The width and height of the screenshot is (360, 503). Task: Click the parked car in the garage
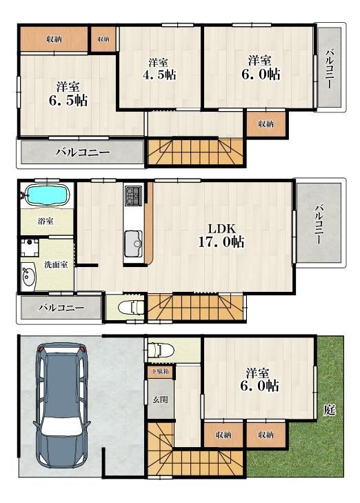(x=61, y=405)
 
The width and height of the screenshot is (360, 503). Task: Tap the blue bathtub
(x=47, y=195)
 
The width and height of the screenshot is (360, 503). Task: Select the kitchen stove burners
(x=133, y=195)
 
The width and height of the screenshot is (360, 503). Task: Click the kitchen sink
(x=133, y=243)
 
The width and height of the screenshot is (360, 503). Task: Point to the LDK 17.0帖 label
(x=221, y=236)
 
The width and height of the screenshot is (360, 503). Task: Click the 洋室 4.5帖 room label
(x=159, y=68)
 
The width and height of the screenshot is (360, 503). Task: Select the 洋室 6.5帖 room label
(x=68, y=94)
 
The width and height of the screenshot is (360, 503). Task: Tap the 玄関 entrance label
(x=160, y=400)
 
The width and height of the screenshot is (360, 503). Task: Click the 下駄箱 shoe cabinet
(x=161, y=371)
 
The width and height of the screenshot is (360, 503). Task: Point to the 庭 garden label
(x=329, y=410)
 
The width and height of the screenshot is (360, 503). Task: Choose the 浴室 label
(x=46, y=221)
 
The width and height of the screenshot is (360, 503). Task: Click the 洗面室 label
(x=56, y=265)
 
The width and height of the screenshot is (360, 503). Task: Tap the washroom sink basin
(x=29, y=275)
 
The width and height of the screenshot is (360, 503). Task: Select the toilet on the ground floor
(x=161, y=350)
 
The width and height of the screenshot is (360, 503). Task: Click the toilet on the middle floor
(x=132, y=308)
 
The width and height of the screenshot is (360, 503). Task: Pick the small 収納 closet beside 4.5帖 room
(x=103, y=39)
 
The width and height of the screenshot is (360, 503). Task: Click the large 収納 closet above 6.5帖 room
(x=54, y=39)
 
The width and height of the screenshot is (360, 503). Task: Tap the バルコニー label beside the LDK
(x=318, y=224)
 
